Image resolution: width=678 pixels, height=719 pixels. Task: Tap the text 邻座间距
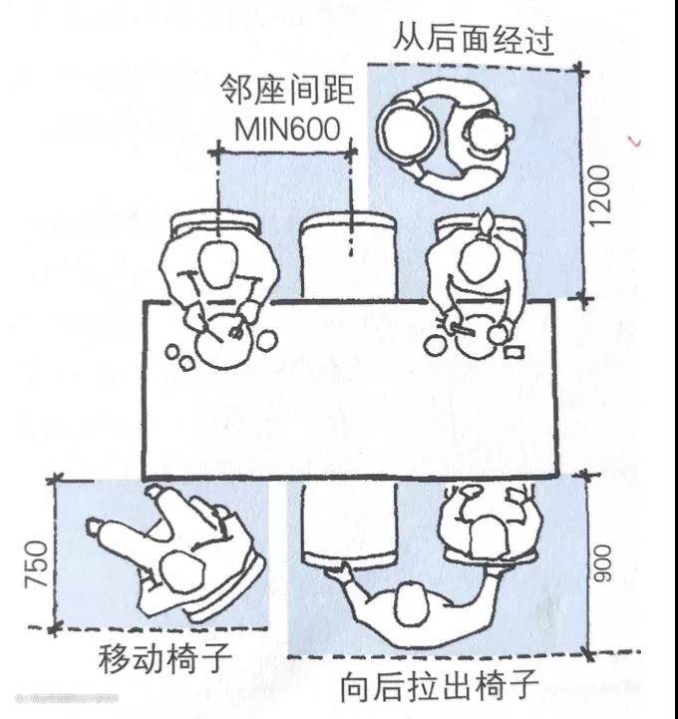point(287,92)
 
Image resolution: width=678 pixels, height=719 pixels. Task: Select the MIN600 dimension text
point(287,130)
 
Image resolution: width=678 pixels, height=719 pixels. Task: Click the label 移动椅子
point(166,659)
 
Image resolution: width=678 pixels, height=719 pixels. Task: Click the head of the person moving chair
point(180,571)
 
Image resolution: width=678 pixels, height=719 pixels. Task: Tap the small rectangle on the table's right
point(516,350)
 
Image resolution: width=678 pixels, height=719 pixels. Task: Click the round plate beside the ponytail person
point(435,343)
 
